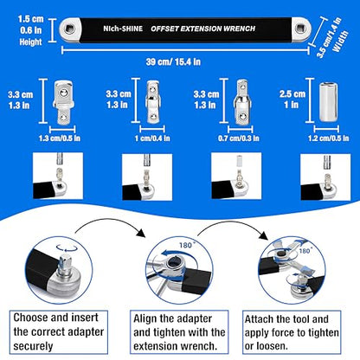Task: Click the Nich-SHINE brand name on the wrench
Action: coord(123,29)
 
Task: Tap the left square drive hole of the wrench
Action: coord(69,29)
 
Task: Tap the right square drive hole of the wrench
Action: coord(300,29)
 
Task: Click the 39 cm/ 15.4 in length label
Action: coord(173,61)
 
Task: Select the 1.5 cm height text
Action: coord(30,19)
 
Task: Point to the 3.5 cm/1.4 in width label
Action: coord(331,36)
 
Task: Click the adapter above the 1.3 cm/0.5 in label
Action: coord(63,102)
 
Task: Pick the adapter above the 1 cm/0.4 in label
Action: coord(152,102)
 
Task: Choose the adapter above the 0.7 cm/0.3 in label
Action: coord(242,102)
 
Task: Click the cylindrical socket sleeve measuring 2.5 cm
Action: coord(328,102)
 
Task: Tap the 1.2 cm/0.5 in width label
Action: coord(328,138)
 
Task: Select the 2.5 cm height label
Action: coord(292,93)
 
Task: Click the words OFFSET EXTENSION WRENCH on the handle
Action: coord(203,29)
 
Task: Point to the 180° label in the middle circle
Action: coord(187,245)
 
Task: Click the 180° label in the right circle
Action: coord(305,250)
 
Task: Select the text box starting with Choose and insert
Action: coord(59,332)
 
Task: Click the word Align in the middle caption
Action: coord(145,319)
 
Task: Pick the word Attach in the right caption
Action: coord(259,319)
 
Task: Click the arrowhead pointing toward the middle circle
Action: coord(141,233)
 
